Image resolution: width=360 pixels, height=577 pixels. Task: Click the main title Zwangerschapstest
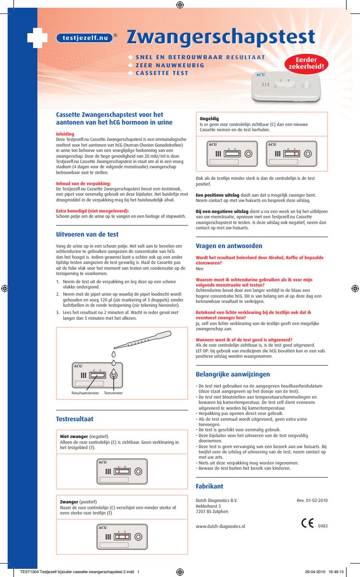[221, 38]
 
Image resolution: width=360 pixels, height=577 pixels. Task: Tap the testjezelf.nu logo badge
[84, 38]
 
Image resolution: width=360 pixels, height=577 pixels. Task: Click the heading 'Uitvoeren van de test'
[87, 235]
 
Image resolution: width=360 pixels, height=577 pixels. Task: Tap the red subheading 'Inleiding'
[65, 134]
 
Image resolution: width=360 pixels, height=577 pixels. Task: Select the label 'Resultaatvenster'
[85, 393]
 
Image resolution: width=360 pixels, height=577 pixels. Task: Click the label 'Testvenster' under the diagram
[113, 393]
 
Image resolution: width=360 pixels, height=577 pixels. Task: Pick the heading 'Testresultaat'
[74, 419]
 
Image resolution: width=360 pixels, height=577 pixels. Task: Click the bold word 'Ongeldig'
[209, 118]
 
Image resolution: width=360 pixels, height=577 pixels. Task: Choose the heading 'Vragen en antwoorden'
[229, 246]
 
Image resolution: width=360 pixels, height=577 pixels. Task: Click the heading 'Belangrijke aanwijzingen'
[233, 374]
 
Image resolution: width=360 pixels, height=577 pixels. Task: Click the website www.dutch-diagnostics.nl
[221, 527]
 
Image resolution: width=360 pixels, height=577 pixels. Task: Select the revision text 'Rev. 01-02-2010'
[312, 501]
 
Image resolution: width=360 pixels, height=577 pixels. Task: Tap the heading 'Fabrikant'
[209, 486]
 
